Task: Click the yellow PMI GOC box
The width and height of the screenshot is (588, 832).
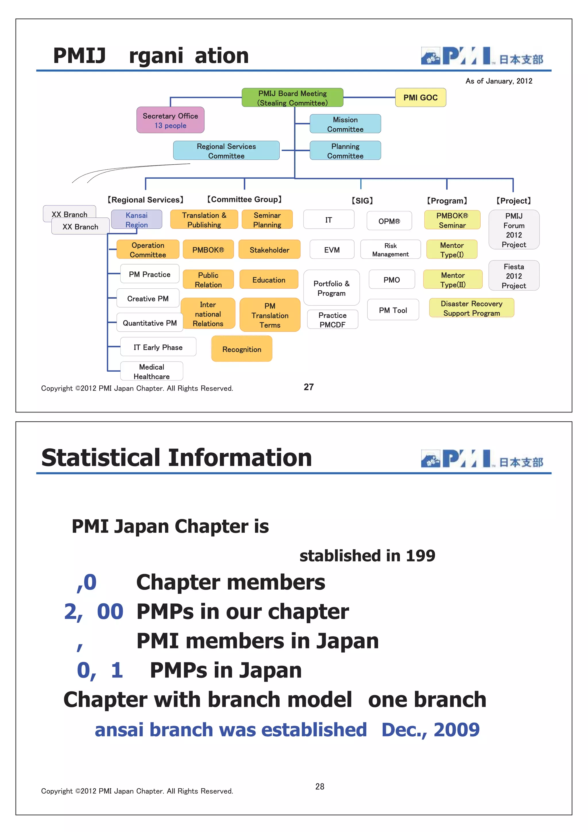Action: coord(420,97)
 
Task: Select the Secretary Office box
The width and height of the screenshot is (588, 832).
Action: coord(170,120)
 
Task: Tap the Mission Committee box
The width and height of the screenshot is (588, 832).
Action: coord(345,124)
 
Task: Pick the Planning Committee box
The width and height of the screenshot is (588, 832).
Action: coord(345,151)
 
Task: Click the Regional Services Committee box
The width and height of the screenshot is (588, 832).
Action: coord(226,151)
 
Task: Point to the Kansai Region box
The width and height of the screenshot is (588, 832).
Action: coord(137,220)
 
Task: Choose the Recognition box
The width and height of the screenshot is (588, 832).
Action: coord(242,349)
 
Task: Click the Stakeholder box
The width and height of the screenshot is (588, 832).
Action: coord(269,250)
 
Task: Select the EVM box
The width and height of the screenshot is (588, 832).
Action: coord(332,250)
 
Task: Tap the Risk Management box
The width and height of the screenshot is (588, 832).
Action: coord(390,250)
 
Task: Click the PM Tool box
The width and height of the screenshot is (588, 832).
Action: coord(393,310)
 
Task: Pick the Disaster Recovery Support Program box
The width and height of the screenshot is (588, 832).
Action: coord(471,308)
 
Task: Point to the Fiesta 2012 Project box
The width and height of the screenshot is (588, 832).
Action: coord(514,276)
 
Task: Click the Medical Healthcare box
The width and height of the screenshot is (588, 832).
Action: coord(151,371)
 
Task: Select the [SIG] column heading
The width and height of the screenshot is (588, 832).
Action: coord(362,200)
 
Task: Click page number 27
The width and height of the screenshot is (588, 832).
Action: coord(309,387)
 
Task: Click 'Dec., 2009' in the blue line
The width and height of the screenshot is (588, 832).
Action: coord(430,729)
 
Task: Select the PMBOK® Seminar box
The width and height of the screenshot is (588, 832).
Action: coord(452,220)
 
